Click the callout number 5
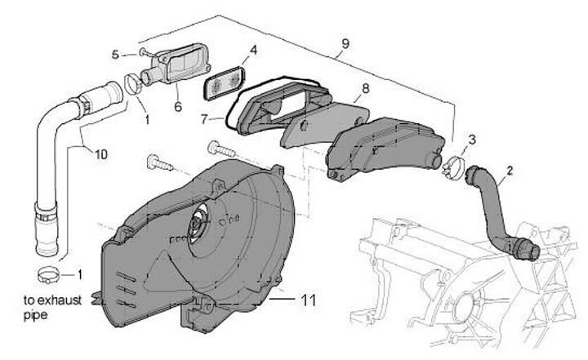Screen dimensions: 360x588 click(116, 54)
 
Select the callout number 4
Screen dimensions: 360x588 click(253, 50)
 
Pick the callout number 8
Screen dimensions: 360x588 click(365, 87)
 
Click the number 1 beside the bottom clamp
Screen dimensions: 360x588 click(79, 273)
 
